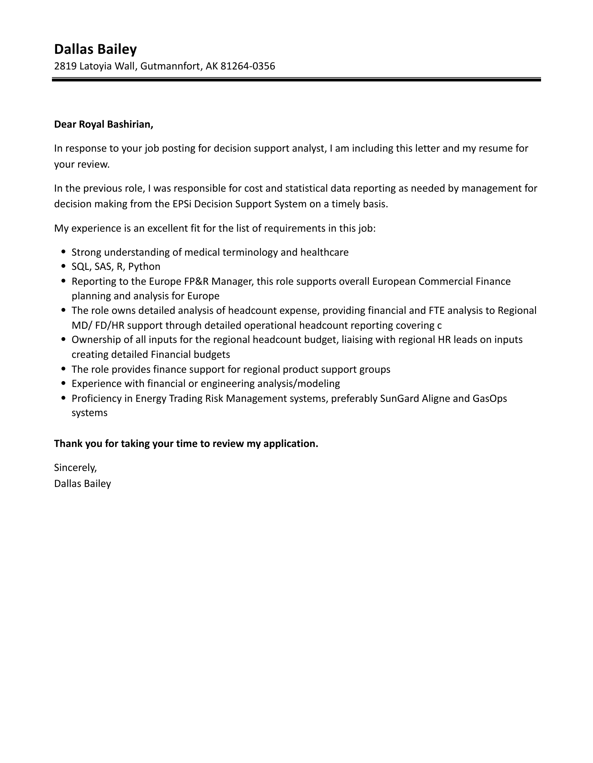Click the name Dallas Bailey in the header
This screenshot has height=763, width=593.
pyautogui.click(x=95, y=49)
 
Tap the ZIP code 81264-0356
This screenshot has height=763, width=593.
pyautogui.click(x=247, y=66)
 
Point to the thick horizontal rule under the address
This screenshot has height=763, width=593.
pyautogui.click(x=296, y=79)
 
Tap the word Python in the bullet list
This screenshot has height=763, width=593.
pyautogui.click(x=144, y=267)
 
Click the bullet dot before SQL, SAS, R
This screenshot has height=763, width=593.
pyautogui.click(x=64, y=267)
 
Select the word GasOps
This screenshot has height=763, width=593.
pyautogui.click(x=489, y=399)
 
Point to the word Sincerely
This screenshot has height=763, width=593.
pyautogui.click(x=75, y=467)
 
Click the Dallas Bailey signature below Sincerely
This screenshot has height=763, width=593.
pyautogui.click(x=82, y=484)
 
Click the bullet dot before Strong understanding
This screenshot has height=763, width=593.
pyautogui.click(x=64, y=252)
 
